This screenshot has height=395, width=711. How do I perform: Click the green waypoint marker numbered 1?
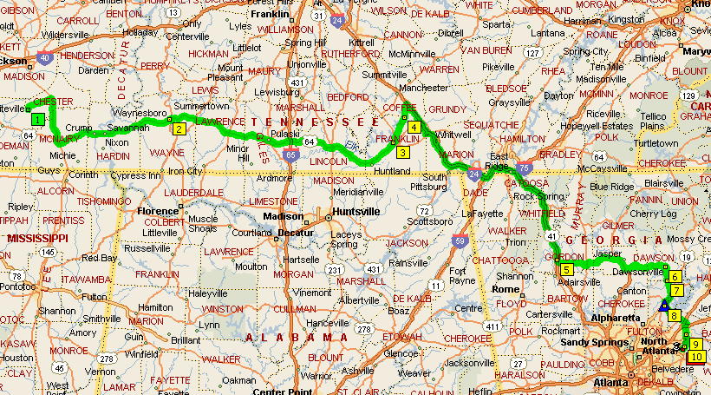37,119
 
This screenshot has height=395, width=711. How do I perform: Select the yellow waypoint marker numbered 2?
179,129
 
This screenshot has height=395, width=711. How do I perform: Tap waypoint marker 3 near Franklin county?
403,152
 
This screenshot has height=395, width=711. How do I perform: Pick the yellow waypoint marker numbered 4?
414,128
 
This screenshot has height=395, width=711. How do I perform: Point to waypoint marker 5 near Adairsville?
566,270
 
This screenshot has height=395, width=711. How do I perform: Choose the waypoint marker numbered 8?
675,316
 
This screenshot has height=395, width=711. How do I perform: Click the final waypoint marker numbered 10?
695,356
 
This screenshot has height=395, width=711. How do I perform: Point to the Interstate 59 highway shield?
459,241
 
